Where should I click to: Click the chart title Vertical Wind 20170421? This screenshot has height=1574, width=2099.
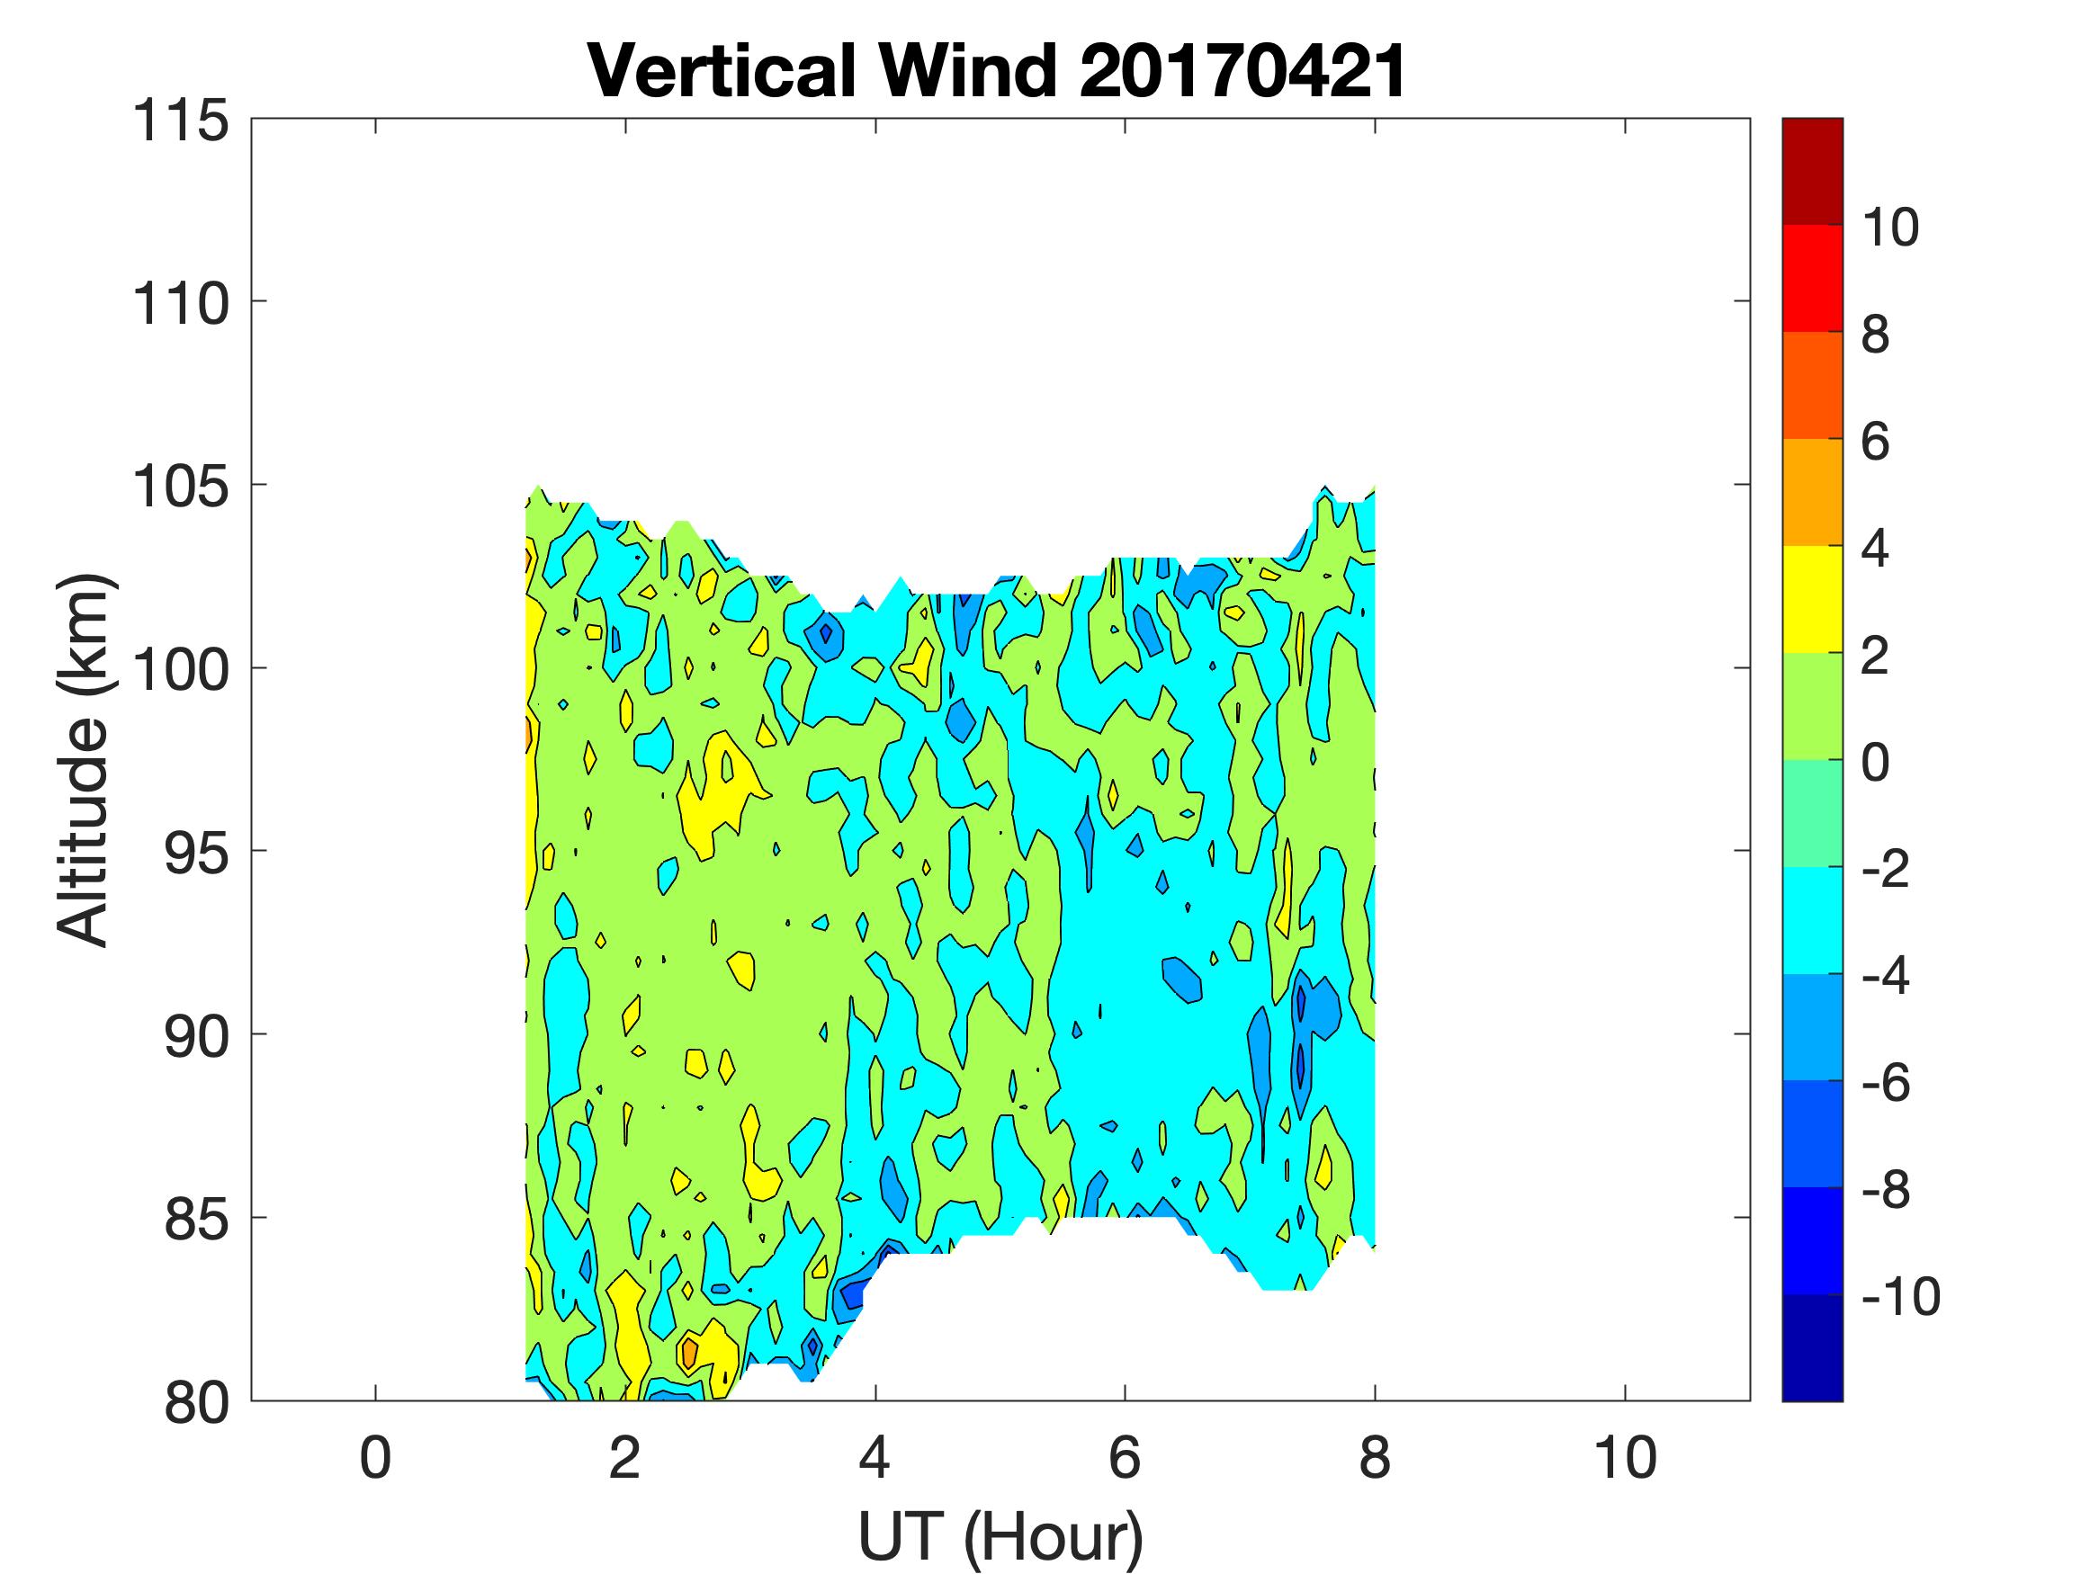996,71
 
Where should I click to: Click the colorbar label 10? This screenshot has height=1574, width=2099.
1889,227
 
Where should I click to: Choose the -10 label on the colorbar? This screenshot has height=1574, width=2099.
1901,1295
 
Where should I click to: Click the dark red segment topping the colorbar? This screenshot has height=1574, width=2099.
1811,171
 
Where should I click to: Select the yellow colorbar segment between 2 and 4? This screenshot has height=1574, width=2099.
1811,600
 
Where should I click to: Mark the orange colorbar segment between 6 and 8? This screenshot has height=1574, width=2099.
1811,385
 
